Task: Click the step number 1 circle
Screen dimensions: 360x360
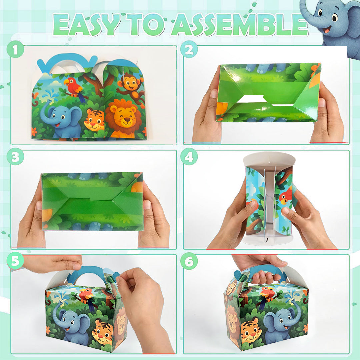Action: [x=15, y=49]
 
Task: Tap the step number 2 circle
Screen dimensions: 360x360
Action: [x=189, y=49]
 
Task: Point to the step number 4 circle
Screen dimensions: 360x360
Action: [x=189, y=157]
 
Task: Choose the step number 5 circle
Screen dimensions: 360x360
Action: [x=15, y=261]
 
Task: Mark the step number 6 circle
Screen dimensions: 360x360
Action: [x=189, y=261]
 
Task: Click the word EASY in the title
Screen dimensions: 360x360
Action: [x=86, y=25]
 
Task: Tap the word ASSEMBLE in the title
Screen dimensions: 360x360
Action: [x=240, y=25]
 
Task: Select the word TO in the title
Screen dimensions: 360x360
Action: [x=146, y=25]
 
